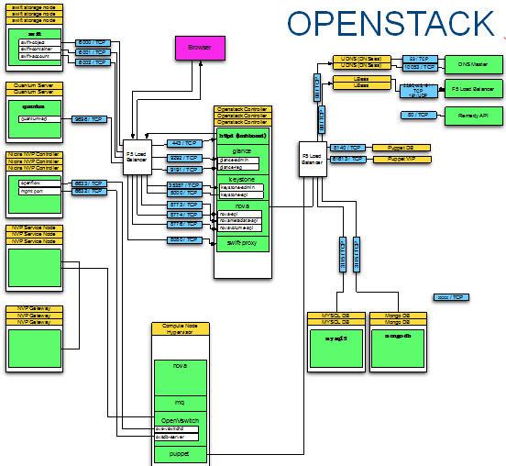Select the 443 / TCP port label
[x=186, y=144]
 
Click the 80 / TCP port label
[x=416, y=115]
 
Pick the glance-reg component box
[x=241, y=167]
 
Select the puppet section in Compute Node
[x=180, y=451]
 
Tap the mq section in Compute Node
[x=180, y=402]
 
